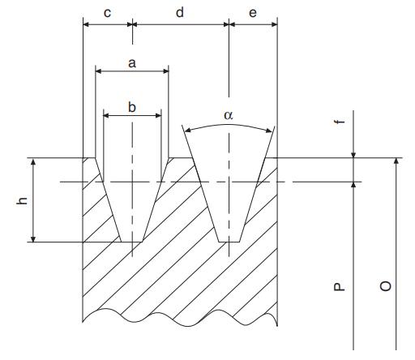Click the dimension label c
click(107, 13)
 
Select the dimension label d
click(180, 12)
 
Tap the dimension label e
click(253, 13)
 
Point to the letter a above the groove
click(132, 63)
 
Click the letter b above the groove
click(132, 107)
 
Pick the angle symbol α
click(229, 115)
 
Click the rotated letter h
click(22, 200)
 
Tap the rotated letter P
click(340, 287)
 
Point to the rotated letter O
click(386, 286)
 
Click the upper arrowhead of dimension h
click(33, 161)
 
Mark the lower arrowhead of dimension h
click(33, 238)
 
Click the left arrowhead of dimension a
click(99, 71)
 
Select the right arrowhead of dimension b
click(158, 116)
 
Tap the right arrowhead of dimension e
click(274, 24)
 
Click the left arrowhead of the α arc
click(188, 131)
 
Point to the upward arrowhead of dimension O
click(396, 161)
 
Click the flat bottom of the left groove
click(131, 242)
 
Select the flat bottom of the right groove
click(229, 242)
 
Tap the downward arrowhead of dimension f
click(353, 154)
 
